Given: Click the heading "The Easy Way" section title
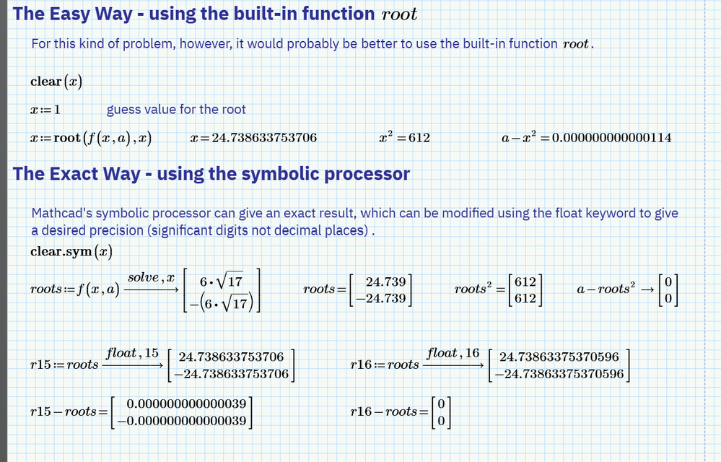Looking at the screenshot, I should [215, 14].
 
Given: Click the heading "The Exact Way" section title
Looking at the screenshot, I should [211, 174].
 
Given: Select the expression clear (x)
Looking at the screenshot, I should [56, 82].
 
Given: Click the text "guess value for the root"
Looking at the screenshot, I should [176, 110].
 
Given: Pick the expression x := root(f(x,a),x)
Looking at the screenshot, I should [91, 138].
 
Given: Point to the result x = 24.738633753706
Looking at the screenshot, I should [253, 138].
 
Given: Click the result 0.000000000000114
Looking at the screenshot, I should [611, 138].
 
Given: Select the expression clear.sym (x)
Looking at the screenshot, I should [71, 252].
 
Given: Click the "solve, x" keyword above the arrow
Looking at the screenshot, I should [152, 278].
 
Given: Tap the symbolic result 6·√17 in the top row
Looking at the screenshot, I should [222, 282].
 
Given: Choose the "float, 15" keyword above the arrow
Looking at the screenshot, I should [133, 353].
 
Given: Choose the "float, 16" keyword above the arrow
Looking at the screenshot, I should [453, 353].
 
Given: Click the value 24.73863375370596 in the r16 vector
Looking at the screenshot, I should [559, 357].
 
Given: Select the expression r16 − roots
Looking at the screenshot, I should [383, 412].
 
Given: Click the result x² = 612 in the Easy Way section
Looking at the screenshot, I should [404, 137].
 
